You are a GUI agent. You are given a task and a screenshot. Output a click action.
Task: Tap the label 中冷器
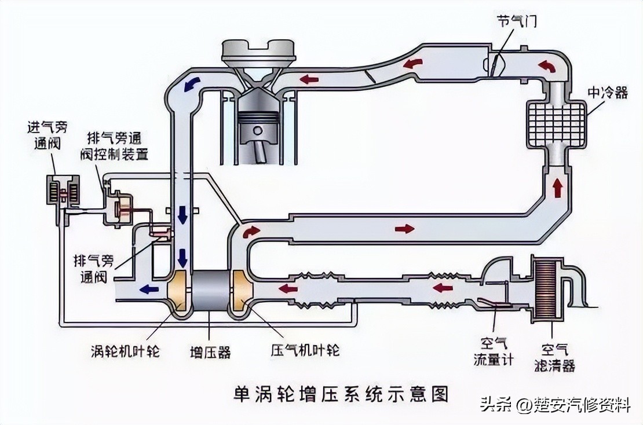pyautogui.click(x=607, y=93)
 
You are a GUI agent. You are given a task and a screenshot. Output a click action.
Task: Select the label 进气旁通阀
pyautogui.click(x=47, y=135)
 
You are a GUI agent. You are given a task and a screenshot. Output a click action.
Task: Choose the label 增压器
pyautogui.click(x=211, y=351)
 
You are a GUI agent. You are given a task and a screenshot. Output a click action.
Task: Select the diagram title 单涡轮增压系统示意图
pyautogui.click(x=341, y=394)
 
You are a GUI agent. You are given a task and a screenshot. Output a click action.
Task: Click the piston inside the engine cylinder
pyautogui.click(x=258, y=124)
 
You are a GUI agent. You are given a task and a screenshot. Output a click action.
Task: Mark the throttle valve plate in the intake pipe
pyautogui.click(x=494, y=64)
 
